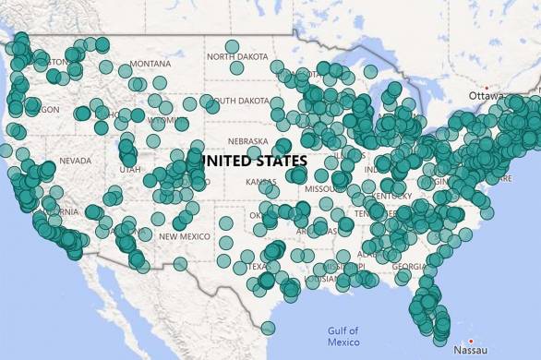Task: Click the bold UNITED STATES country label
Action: click(255, 161)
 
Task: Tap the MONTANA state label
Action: click(150, 64)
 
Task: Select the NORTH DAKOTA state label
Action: click(238, 56)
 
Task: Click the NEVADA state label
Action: click(75, 161)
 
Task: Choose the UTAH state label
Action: click(130, 169)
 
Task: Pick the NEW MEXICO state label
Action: click(186, 236)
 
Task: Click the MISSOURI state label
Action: click(323, 188)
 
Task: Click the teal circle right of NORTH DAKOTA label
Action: click(278, 66)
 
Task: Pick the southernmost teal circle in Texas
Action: click(268, 328)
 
